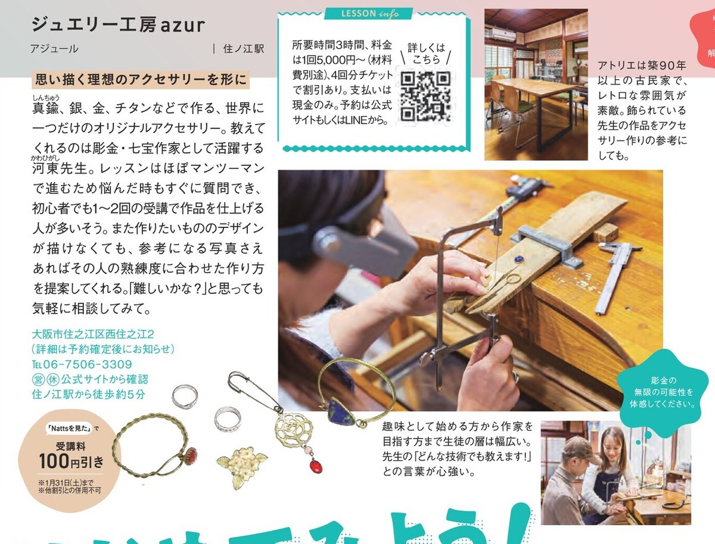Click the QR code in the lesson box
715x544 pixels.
pyautogui.click(x=424, y=96)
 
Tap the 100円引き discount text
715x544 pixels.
pyautogui.click(x=71, y=461)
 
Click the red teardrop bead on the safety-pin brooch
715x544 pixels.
pyautogui.click(x=315, y=465)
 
